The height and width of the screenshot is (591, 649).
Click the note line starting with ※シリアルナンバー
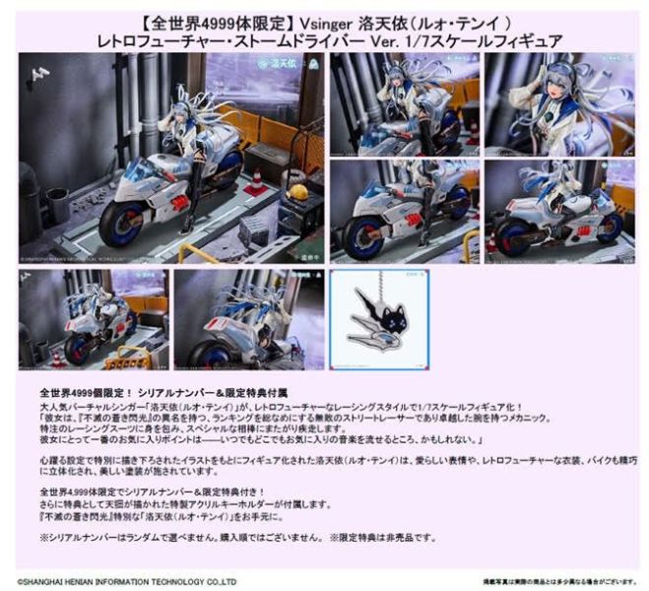(236, 538)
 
